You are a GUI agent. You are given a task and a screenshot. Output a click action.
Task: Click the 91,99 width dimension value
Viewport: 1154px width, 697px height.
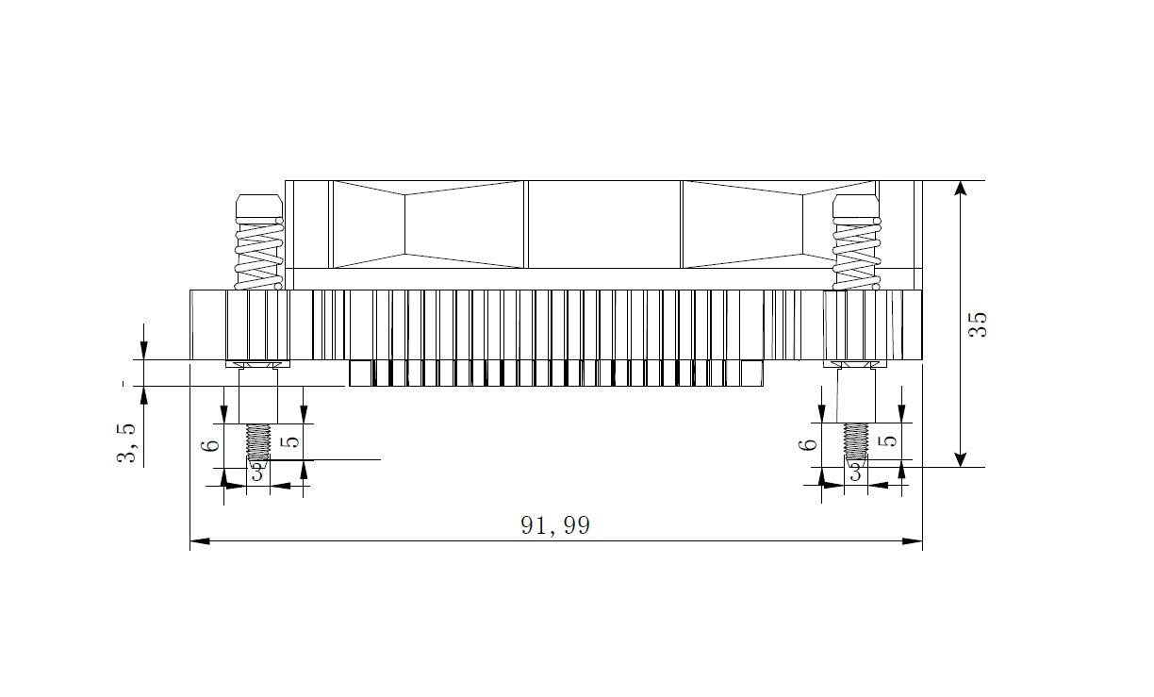555,525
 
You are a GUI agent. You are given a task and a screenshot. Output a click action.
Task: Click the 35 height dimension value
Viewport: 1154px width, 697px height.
978,324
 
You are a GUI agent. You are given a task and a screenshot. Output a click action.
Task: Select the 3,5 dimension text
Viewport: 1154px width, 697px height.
126,443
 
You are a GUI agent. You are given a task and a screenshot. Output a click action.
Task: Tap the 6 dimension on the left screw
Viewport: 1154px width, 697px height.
213,445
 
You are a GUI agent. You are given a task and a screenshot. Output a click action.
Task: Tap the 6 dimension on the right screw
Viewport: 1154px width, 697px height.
811,444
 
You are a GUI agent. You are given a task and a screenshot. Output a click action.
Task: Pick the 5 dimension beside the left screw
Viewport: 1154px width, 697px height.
291,441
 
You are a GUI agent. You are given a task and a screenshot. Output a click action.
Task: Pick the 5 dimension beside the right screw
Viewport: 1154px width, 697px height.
890,440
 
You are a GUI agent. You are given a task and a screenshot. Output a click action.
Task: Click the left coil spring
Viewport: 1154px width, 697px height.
259,253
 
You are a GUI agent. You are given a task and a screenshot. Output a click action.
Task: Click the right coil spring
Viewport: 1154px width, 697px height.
857,253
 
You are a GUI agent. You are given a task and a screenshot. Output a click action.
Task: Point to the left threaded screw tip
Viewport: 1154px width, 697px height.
258,442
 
